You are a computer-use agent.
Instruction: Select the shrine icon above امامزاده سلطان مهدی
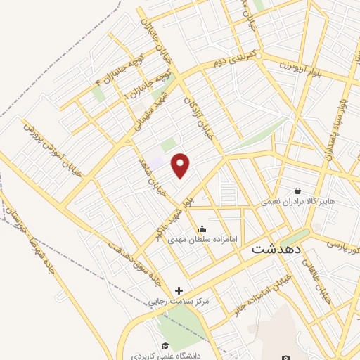(x=202, y=228)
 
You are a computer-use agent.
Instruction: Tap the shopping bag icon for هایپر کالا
(x=298, y=191)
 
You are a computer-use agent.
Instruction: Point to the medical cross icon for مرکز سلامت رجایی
(x=179, y=290)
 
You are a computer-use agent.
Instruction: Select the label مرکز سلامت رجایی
(x=179, y=301)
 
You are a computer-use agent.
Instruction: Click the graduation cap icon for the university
(x=165, y=345)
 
